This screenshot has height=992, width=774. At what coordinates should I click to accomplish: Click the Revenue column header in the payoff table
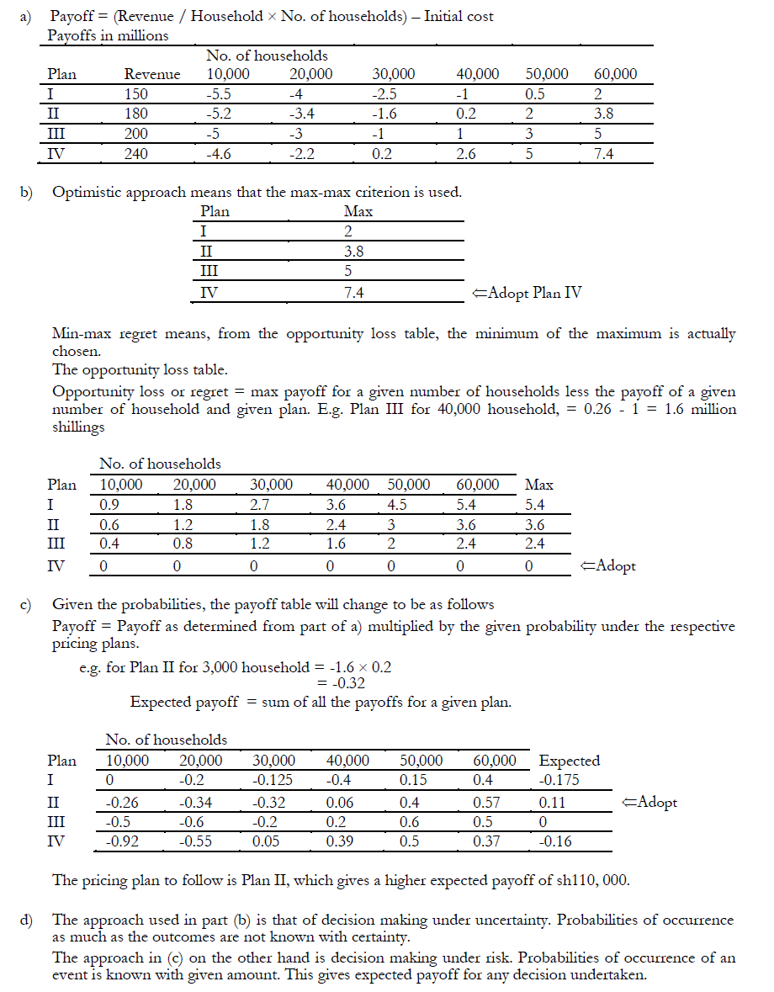tap(151, 74)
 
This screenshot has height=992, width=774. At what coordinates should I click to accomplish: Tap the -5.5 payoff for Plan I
tap(220, 94)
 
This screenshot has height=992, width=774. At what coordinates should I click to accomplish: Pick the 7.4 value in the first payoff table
tap(604, 154)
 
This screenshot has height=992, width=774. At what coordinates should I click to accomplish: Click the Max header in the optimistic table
tap(358, 212)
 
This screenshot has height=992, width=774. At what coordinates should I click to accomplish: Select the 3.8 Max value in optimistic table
tap(353, 252)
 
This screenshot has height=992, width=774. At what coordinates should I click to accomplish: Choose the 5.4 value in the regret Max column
tap(535, 505)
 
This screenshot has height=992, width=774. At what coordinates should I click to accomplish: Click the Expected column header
tap(570, 761)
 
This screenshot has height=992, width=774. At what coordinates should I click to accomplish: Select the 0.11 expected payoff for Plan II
tap(552, 802)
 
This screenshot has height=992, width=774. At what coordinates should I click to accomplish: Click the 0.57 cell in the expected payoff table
tap(486, 802)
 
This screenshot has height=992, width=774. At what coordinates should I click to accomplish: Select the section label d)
tap(26, 920)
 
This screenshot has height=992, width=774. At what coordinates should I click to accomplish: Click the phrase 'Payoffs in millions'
tap(108, 35)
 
